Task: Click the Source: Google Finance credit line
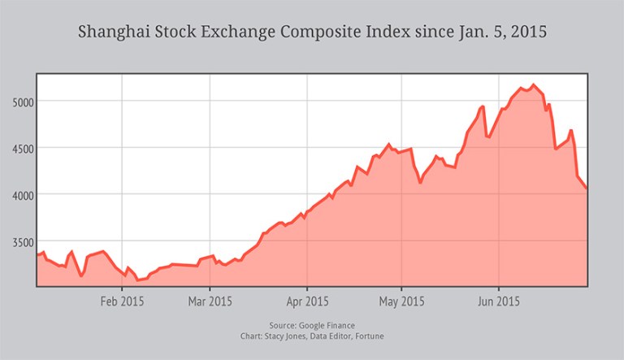(x=311, y=325)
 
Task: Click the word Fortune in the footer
(x=370, y=336)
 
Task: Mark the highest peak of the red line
(x=533, y=85)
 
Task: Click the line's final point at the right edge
(x=587, y=189)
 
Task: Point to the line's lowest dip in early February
(x=138, y=280)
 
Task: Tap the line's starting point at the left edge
(x=37, y=256)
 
